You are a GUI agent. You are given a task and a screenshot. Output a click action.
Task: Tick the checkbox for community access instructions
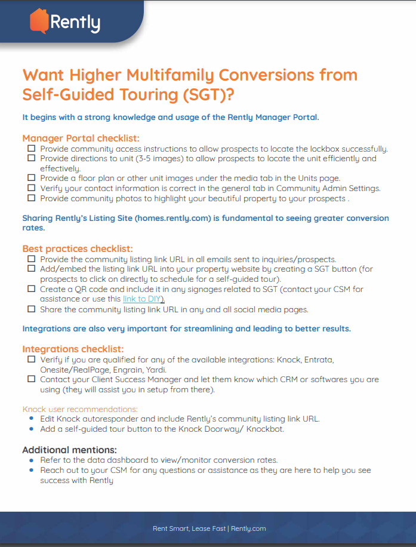tap(31, 149)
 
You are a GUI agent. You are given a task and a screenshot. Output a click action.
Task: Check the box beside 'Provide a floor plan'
tap(31, 178)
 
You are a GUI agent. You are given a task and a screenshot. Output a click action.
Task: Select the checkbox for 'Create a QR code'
tap(31, 289)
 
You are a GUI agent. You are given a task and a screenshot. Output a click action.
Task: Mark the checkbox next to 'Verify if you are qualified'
tap(31, 360)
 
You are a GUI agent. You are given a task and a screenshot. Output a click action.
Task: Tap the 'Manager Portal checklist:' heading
tap(81, 139)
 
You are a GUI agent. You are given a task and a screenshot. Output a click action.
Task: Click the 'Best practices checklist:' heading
tap(78, 248)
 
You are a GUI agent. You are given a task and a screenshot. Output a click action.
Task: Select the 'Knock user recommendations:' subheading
tap(80, 409)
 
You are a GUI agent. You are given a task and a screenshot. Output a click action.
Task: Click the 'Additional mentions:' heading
tap(69, 450)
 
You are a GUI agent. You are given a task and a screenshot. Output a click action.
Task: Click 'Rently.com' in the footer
tap(248, 528)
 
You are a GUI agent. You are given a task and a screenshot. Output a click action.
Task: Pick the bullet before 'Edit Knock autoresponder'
tap(32, 419)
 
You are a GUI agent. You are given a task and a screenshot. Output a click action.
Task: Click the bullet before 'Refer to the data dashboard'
tap(32, 460)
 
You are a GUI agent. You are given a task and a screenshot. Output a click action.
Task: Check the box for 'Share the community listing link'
tap(31, 309)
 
